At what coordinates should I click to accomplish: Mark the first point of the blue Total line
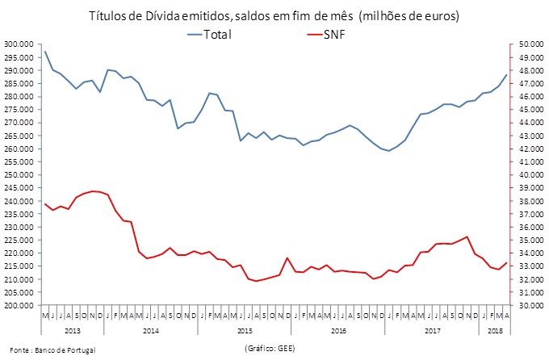[45, 52]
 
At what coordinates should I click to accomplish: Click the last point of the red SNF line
[507, 262]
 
